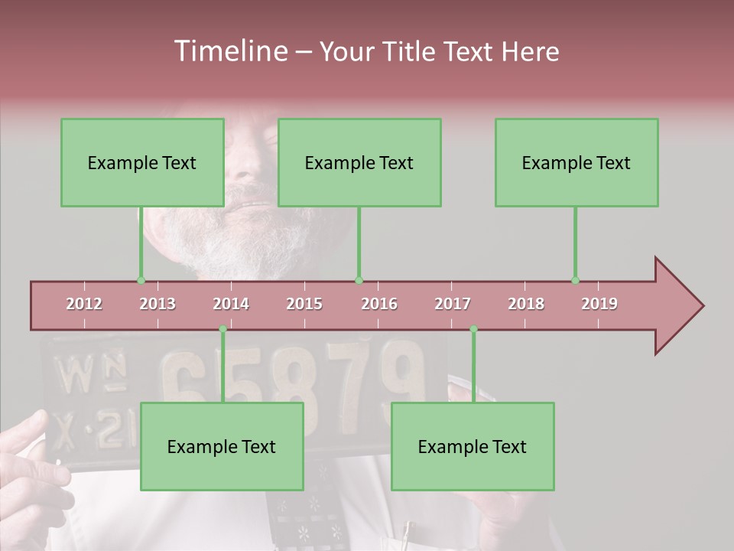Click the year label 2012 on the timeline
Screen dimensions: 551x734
[84, 304]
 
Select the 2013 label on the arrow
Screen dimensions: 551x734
[158, 304]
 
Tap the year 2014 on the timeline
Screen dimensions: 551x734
[231, 304]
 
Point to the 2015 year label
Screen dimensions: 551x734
[304, 304]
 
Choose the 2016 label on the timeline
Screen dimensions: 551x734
[379, 304]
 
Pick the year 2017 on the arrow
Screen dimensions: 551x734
[453, 304]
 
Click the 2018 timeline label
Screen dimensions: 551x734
[526, 304]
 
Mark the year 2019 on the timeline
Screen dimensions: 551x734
[599, 304]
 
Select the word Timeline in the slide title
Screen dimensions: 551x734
[229, 51]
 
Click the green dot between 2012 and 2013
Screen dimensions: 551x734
[141, 281]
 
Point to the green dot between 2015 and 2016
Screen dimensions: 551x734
[359, 281]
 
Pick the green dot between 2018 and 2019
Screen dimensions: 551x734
[576, 281]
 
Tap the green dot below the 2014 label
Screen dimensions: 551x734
[222, 329]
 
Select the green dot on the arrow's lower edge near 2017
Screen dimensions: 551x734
[473, 329]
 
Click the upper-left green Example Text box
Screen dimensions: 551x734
[142, 163]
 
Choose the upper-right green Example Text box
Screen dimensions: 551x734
[576, 163]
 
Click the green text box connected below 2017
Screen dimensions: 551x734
[473, 447]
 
